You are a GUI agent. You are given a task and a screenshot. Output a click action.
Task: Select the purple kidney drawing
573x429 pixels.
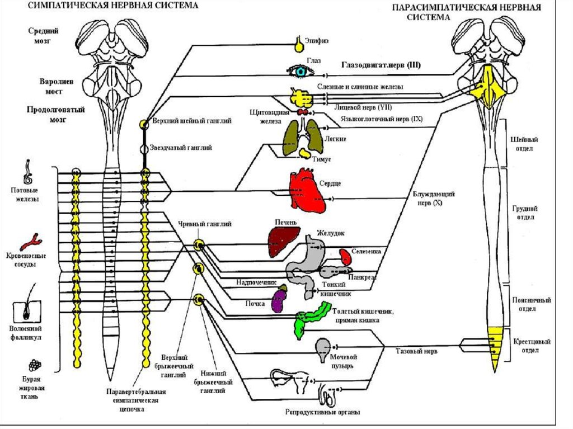[278, 300]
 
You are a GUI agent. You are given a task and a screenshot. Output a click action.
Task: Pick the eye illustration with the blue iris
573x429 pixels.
[302, 71]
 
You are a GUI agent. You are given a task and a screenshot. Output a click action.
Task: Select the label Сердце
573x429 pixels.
[330, 183]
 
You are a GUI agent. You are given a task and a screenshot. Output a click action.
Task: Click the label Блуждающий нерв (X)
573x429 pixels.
[433, 199]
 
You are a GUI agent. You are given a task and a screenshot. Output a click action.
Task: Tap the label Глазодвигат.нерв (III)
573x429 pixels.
[381, 65]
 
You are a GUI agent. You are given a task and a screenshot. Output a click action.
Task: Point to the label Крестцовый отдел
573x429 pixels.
[531, 346]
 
